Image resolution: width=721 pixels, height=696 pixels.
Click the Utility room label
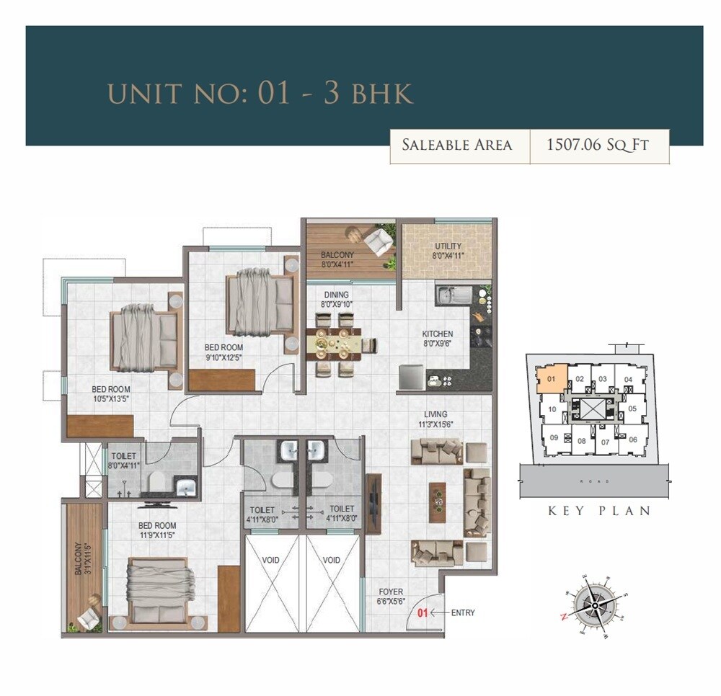pos(448,250)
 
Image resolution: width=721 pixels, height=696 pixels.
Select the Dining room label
pos(336,299)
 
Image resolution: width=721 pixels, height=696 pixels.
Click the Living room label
pos(435,419)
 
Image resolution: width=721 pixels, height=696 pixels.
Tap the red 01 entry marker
pos(423,613)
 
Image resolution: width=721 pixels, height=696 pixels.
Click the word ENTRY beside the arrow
pos(463,613)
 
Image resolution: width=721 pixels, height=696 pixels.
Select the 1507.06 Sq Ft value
pos(598,145)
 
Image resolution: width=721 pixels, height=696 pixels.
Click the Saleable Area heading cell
pos(457,145)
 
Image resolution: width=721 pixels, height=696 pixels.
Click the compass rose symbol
pos(595,606)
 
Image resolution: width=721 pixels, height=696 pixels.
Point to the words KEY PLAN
pos(599,511)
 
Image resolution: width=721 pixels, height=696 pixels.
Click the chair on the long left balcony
pos(89,616)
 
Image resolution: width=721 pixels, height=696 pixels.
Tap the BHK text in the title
pos(381,94)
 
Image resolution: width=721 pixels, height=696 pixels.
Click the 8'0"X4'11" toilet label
pos(124,460)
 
